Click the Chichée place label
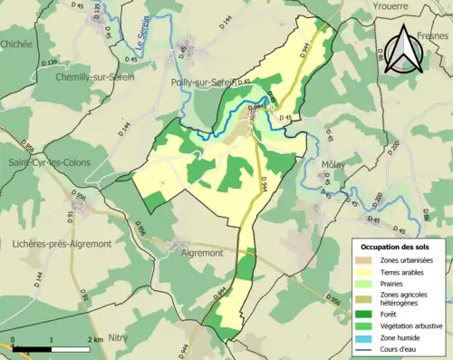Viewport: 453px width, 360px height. coord(16,44)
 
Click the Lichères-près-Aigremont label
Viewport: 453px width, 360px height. coord(62,244)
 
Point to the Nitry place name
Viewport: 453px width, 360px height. coord(119,336)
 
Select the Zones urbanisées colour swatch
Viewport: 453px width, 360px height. coord(367,260)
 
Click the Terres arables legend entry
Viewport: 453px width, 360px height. coord(407,272)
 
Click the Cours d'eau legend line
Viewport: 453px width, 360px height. coord(367,349)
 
